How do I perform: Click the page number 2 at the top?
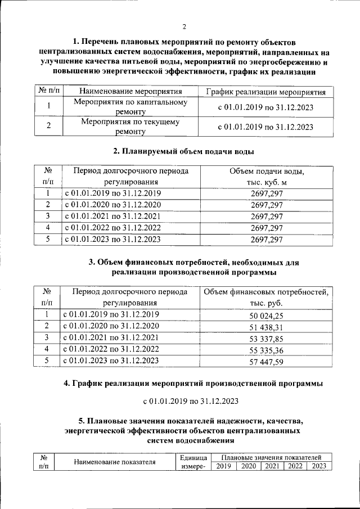pos(184,26)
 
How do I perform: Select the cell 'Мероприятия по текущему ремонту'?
pos(130,126)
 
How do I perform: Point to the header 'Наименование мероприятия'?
pos(130,91)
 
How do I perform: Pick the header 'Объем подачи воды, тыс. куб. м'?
pos(267,176)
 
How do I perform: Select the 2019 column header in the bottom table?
pos(224,466)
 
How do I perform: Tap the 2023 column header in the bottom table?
pos(319,466)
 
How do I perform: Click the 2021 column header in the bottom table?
pos(272,466)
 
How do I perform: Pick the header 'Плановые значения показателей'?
pos(271,457)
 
